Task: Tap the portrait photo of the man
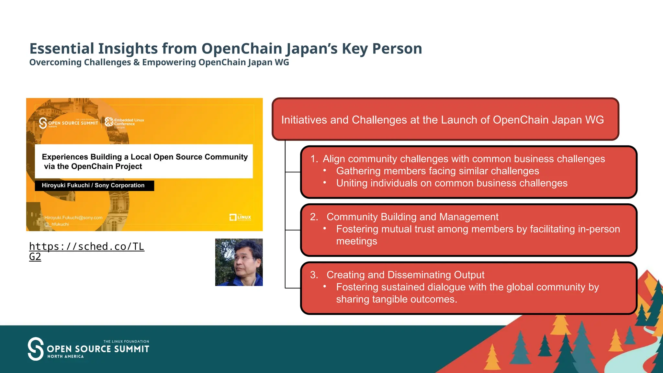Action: coord(239,262)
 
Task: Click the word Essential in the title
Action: coord(62,49)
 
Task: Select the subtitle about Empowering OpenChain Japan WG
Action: coord(159,62)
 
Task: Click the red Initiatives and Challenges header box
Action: coord(445,119)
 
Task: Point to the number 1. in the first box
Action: coord(314,159)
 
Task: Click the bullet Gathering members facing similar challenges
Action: coord(437,171)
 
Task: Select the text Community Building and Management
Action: coord(412,217)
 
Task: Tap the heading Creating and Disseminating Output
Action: coord(405,275)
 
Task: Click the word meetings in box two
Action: coord(356,241)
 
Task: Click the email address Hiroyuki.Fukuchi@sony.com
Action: coord(73,218)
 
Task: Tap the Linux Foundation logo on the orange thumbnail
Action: coord(240,217)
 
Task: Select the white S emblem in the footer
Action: coord(35,349)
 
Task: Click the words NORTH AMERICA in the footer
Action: coord(65,356)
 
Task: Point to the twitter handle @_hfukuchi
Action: coord(57,224)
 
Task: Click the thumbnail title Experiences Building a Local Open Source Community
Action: coord(144,157)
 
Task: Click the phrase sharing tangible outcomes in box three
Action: coord(396,299)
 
